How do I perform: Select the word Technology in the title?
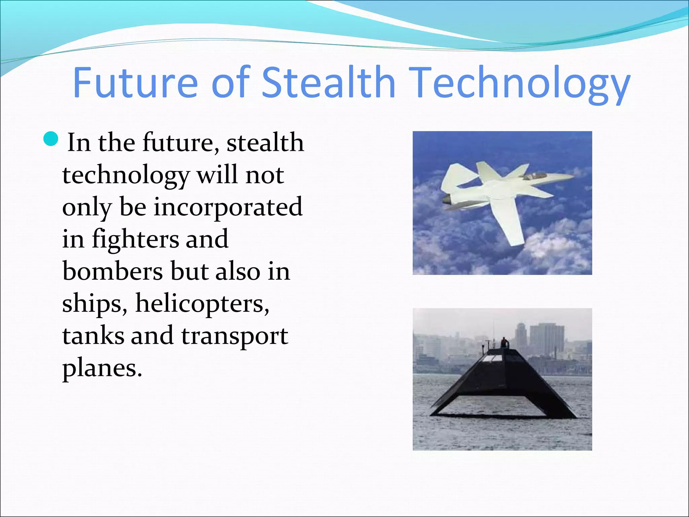click(520, 84)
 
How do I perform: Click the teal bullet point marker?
click(51, 139)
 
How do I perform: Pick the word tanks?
click(93, 336)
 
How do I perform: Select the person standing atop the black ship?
click(504, 343)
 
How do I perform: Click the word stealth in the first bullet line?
click(265, 143)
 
